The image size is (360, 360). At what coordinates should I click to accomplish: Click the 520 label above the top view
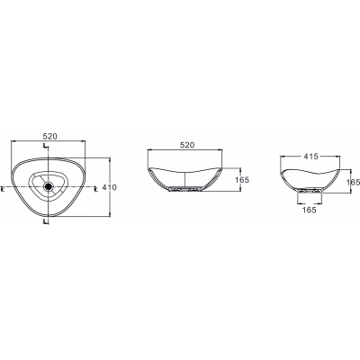coord(49,137)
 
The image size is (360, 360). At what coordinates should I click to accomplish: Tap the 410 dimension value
coord(110,187)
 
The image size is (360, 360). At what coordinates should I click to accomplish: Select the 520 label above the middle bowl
coord(187,145)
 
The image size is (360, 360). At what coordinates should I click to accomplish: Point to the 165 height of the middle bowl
coord(242,180)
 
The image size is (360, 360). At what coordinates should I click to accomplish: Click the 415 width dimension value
coord(310,157)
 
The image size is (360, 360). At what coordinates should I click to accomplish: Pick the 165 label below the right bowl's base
coord(310,210)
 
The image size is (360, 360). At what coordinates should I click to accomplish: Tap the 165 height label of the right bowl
coord(353,182)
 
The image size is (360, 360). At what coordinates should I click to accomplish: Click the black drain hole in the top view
coord(48,187)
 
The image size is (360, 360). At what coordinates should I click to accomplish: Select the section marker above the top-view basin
coord(45,146)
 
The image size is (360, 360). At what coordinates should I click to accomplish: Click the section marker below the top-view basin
coord(45,222)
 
